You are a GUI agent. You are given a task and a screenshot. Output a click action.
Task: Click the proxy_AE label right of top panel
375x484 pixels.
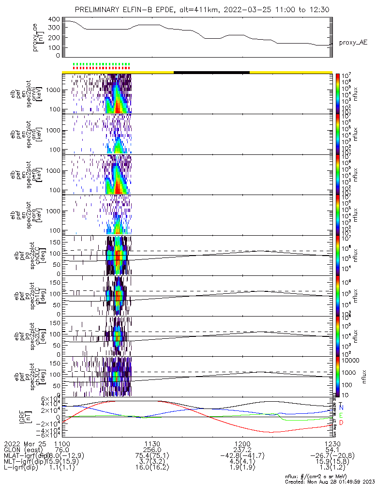pos(353,43)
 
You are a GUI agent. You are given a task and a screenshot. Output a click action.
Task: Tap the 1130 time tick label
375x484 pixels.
pos(152,443)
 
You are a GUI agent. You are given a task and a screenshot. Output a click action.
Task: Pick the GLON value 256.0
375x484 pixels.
pos(152,450)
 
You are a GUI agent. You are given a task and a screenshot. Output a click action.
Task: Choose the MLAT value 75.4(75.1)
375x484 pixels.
pos(152,456)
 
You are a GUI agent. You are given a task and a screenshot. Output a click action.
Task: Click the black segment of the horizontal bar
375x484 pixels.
pos(211,72)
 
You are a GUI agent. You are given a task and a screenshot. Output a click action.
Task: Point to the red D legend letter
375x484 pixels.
pos(341,423)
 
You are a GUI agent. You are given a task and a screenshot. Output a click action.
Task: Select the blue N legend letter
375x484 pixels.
pos(341,408)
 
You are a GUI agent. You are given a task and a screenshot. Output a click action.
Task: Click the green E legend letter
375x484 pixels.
pos(341,416)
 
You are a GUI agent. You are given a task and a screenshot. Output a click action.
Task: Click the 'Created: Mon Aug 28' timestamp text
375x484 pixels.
pos(329,481)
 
